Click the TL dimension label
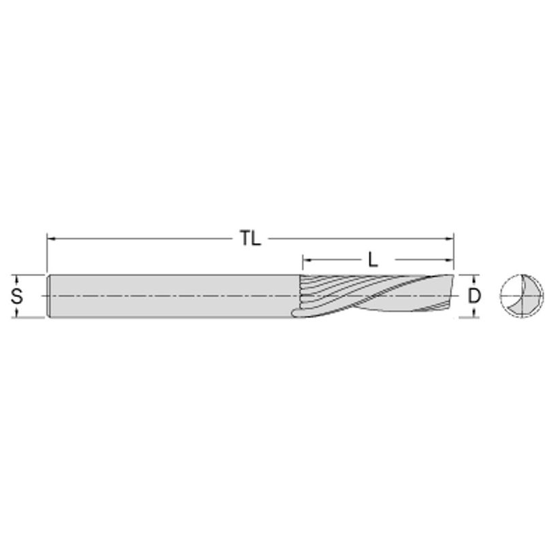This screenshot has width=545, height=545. point(251,238)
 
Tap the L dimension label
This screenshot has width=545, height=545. point(373,260)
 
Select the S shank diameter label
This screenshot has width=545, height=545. point(16,296)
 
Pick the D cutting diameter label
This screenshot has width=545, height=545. point(474,296)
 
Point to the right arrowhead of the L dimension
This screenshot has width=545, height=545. point(450,260)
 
